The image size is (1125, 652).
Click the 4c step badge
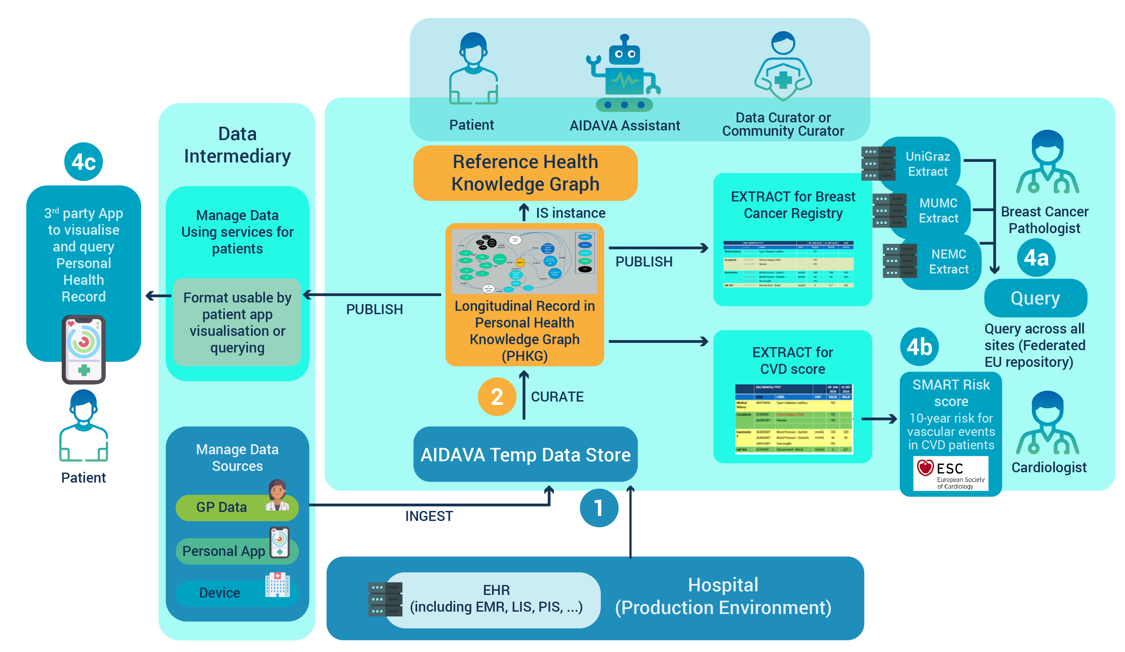tap(83, 161)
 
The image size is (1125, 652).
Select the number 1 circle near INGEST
tap(599, 508)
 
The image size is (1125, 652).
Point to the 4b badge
tap(919, 347)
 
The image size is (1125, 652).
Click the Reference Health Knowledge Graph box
tap(525, 173)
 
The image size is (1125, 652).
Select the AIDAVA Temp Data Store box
tap(525, 454)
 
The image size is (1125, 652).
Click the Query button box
tap(1035, 298)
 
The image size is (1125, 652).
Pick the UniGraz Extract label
tap(928, 164)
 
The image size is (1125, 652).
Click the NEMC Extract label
tap(949, 261)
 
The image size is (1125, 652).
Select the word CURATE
tap(557, 397)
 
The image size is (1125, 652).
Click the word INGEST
tap(429, 516)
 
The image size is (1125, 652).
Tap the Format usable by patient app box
tap(237, 322)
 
